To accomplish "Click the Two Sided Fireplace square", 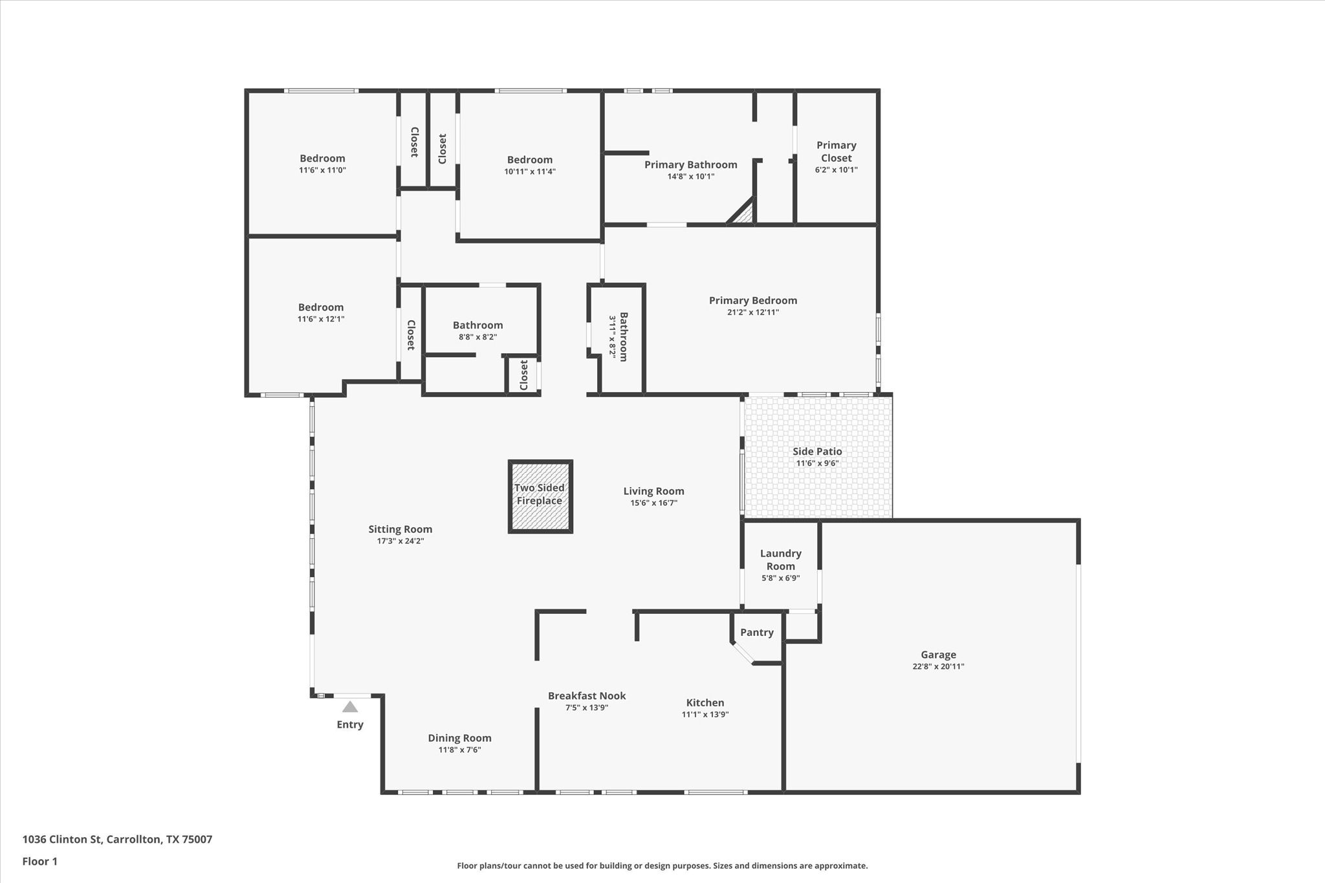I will tap(540, 496).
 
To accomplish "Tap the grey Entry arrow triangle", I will tap(350, 707).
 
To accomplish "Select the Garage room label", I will tap(938, 655).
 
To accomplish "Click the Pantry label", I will tap(756, 633).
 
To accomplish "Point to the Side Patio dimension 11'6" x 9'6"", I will tap(817, 463).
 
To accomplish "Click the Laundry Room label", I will tap(780, 560).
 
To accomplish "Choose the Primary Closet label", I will tap(836, 151).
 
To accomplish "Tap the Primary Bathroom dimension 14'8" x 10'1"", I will tap(690, 177).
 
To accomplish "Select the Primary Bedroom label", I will tap(752, 300).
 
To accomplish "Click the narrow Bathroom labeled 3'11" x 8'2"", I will tap(619, 337).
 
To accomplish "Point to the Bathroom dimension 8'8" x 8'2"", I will tap(477, 337).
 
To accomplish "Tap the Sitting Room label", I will tap(400, 529).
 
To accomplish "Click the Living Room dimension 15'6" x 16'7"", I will tap(653, 503).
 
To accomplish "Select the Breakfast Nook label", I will tap(586, 696).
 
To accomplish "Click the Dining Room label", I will tap(459, 738).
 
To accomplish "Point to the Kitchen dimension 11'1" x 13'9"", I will tap(705, 715).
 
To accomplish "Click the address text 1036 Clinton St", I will tap(62, 840).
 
